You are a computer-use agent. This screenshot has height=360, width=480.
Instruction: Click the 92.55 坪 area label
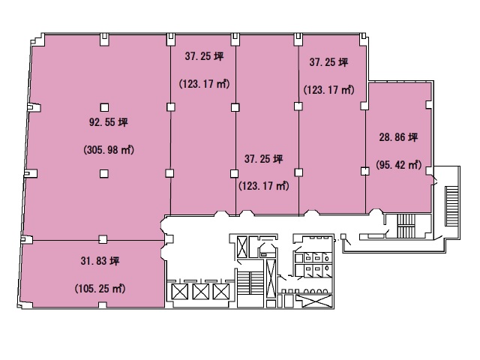click(x=108, y=122)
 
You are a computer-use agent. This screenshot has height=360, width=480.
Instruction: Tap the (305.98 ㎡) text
click(x=109, y=150)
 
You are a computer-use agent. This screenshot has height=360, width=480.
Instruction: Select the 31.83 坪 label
click(x=100, y=261)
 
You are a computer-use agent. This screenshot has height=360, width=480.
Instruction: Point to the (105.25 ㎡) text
click(x=100, y=289)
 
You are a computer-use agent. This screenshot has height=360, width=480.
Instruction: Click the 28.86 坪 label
click(x=398, y=137)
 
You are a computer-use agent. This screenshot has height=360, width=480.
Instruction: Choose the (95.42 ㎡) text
click(x=398, y=165)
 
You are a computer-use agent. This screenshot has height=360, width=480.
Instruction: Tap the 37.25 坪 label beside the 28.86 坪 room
click(x=328, y=62)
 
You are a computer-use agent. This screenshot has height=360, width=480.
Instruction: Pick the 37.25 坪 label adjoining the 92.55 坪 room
click(x=204, y=56)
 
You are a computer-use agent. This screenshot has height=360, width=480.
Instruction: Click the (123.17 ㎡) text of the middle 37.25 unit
click(x=264, y=186)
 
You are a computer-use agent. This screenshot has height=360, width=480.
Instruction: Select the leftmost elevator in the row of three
click(x=180, y=292)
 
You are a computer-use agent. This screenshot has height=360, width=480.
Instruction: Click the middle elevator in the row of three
click(x=200, y=292)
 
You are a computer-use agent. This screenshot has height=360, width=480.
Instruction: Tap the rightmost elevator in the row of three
click(x=221, y=292)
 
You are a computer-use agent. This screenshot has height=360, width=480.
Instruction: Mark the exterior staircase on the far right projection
click(x=451, y=207)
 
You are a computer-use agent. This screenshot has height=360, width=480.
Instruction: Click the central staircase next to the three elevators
click(x=250, y=283)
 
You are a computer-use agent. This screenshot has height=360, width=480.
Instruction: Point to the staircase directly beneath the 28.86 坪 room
click(x=406, y=226)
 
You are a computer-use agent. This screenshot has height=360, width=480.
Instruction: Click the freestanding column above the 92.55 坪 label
click(x=104, y=107)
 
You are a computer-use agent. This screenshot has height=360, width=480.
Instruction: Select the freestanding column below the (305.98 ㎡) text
click(x=104, y=174)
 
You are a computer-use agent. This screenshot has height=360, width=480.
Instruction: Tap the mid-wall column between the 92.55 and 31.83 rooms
click(x=103, y=239)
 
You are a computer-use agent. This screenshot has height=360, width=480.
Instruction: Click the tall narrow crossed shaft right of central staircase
click(x=271, y=279)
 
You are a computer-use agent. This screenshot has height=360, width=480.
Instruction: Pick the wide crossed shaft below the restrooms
click(x=314, y=301)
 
